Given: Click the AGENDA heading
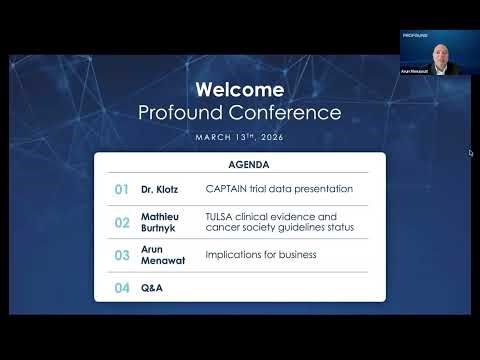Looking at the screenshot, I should (240, 164).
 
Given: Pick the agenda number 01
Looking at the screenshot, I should (122, 188).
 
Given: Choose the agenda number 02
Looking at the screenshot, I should (122, 222).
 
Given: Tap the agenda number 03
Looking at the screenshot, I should (122, 255).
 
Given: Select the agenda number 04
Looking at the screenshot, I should (122, 288).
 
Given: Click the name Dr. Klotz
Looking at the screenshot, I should (158, 188).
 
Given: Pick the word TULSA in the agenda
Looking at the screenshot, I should (219, 216).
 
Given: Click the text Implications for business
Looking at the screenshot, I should (260, 255).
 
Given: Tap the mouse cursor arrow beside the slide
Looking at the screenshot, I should (470, 153).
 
